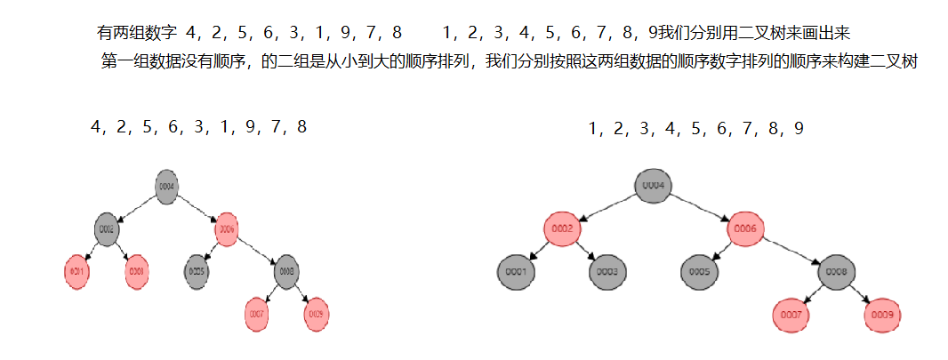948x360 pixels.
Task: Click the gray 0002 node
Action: (x=108, y=228)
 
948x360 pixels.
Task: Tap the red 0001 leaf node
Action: (x=77, y=270)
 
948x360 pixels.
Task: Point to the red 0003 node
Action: (x=137, y=270)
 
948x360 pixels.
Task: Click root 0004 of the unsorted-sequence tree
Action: (x=166, y=187)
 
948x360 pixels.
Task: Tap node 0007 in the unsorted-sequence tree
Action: (x=257, y=314)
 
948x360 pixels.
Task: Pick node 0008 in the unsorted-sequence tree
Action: (x=285, y=270)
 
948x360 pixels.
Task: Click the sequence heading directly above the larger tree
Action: (x=695, y=129)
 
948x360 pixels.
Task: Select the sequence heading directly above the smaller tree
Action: (x=198, y=126)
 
